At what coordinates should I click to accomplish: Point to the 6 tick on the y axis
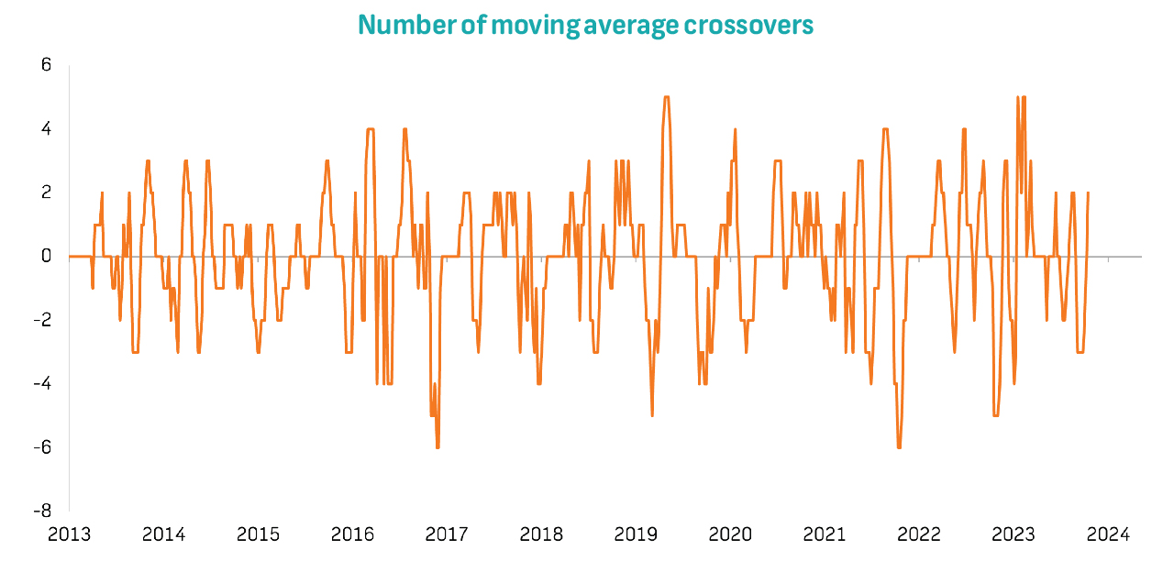(46, 65)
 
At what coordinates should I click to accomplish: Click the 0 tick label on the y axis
(46, 257)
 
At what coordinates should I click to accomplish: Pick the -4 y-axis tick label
(42, 383)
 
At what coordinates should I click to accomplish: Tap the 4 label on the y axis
(46, 129)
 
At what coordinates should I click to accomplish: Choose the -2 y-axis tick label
(42, 320)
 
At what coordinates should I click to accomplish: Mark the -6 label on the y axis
(42, 447)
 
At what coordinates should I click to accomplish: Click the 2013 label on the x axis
(70, 533)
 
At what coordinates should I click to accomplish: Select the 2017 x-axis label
(447, 533)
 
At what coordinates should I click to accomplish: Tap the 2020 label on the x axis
(730, 533)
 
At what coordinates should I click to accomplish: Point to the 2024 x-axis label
(1107, 533)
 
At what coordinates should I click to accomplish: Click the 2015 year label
(258, 533)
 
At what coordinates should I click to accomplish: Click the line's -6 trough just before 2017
(437, 446)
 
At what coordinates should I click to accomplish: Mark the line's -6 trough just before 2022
(899, 446)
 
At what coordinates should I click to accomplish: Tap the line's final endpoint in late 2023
(1088, 192)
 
